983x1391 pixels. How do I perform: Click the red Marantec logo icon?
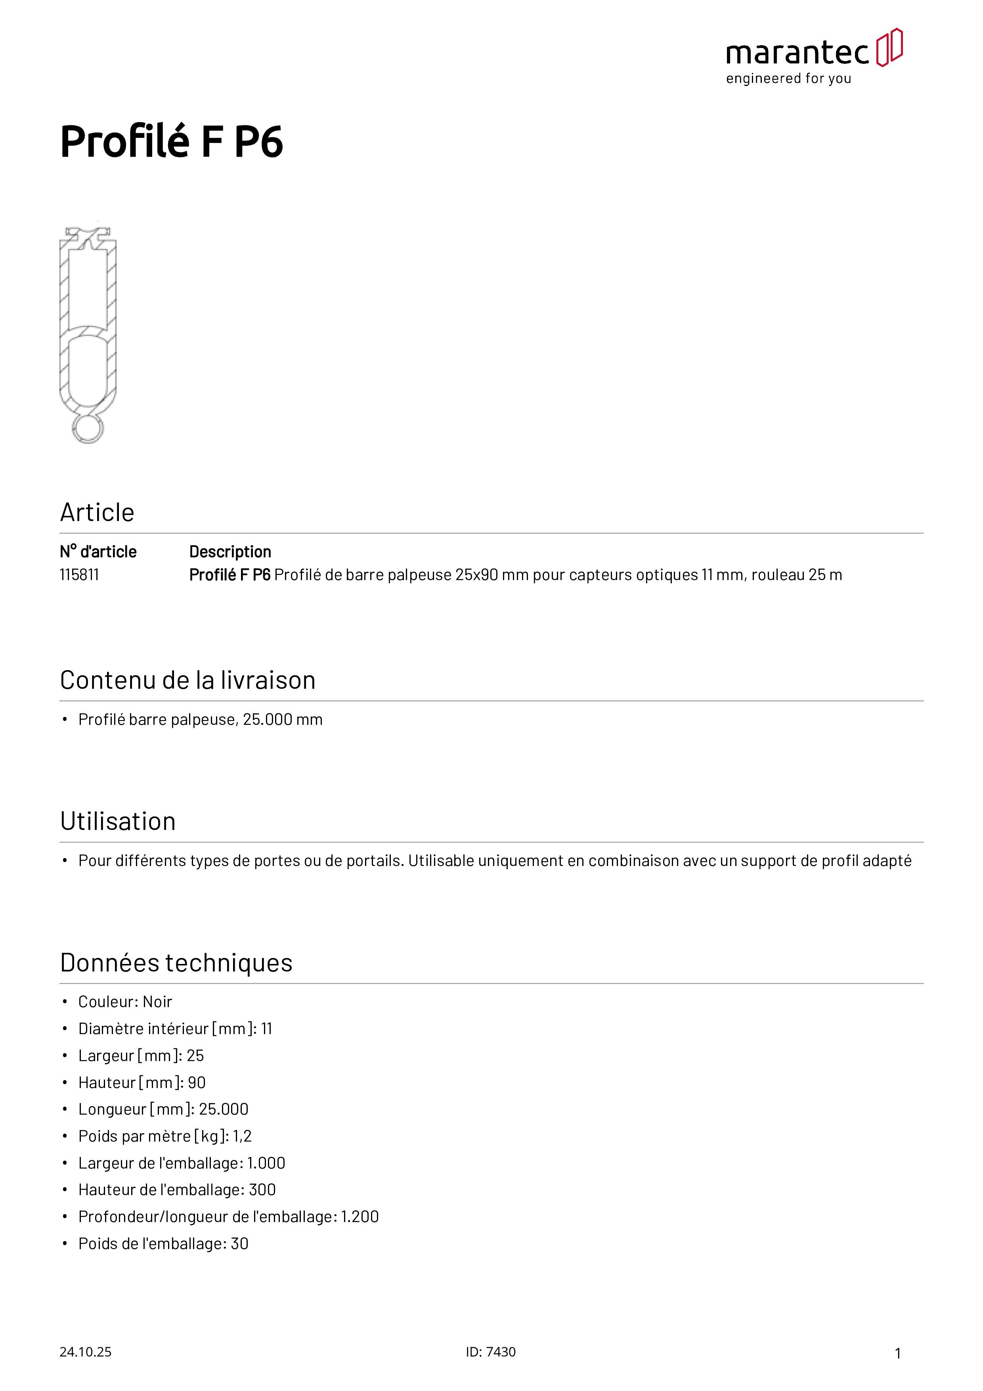pyautogui.click(x=889, y=47)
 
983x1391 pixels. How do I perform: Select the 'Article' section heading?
pyautogui.click(x=97, y=513)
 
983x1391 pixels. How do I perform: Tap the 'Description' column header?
pyautogui.click(x=230, y=552)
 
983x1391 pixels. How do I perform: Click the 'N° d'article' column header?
pyautogui.click(x=98, y=552)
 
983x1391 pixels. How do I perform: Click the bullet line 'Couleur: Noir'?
pyautogui.click(x=125, y=1002)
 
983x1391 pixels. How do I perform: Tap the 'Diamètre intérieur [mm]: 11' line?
pyautogui.click(x=175, y=1029)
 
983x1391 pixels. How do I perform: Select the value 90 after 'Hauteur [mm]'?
pyautogui.click(x=197, y=1083)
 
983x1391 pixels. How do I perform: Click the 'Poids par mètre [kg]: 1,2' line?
pyautogui.click(x=165, y=1136)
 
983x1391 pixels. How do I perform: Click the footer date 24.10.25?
pyautogui.click(x=85, y=1352)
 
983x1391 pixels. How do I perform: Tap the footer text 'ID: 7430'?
pyautogui.click(x=491, y=1352)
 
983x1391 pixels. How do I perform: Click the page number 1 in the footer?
pyautogui.click(x=898, y=1353)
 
